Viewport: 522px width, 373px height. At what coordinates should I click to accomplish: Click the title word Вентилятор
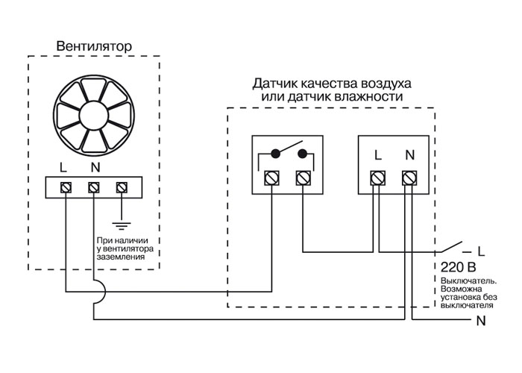pos(94,46)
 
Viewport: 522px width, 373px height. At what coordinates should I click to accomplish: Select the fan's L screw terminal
pos(66,186)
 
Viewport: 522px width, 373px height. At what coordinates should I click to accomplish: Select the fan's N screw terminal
pos(94,186)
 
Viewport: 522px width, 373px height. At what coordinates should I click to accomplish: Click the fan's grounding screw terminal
pos(122,186)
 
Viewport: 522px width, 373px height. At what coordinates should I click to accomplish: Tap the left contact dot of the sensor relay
pos(275,154)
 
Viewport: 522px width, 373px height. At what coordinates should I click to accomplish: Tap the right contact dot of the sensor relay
pos(303,154)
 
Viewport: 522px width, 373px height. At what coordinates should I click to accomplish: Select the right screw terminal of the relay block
pos(303,178)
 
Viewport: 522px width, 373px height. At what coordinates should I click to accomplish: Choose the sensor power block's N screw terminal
pos(409,178)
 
